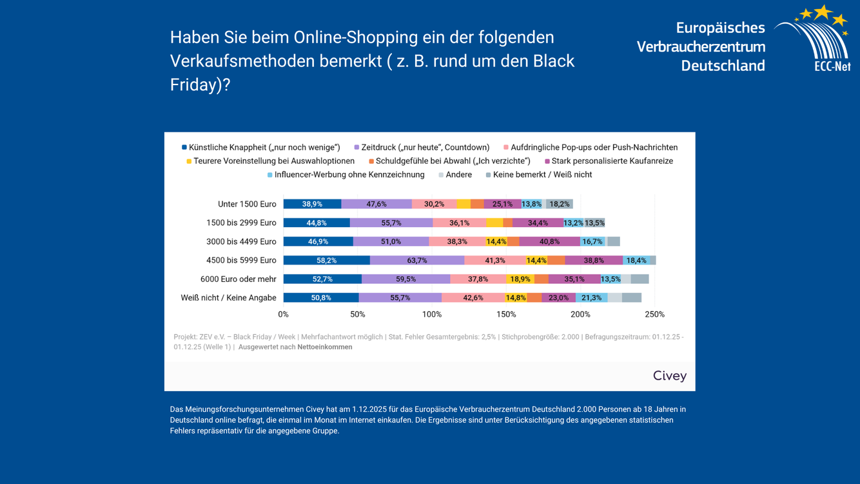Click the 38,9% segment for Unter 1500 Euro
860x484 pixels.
click(312, 204)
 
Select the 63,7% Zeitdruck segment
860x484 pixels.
click(417, 260)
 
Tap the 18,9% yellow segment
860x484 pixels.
click(520, 279)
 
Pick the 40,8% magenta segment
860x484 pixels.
click(549, 241)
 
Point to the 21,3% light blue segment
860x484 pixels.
click(591, 297)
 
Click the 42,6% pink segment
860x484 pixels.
click(473, 297)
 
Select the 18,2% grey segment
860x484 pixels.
click(560, 204)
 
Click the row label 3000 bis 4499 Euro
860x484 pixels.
click(241, 241)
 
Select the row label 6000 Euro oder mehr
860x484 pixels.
click(238, 279)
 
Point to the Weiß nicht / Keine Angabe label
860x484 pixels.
click(228, 297)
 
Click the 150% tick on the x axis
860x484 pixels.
click(506, 314)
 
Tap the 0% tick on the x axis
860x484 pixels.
click(284, 314)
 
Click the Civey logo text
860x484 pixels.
click(670, 376)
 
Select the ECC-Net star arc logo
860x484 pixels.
click(814, 37)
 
